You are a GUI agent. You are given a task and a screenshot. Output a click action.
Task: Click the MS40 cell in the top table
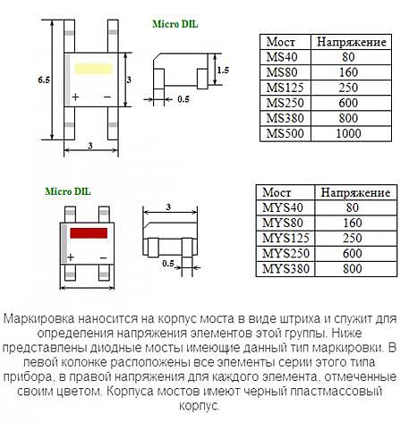pos(282,57)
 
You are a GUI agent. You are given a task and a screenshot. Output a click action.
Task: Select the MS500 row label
pos(285,133)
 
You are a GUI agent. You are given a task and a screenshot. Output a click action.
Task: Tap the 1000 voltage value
pos(348,133)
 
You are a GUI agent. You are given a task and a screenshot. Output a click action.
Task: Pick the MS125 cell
pos(285,88)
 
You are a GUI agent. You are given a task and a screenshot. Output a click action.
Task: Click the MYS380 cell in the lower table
pos(285,268)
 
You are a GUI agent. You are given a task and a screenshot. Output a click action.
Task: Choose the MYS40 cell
pos(283,207)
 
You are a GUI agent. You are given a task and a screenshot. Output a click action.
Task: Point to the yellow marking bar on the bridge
pos(93,69)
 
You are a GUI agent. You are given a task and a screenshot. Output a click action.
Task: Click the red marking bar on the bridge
pos(89,233)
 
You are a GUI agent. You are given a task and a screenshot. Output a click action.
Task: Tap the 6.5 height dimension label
pos(44,80)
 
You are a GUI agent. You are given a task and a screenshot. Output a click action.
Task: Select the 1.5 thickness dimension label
pos(223,71)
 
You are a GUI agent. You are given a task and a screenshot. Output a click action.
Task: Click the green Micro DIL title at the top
pos(175,24)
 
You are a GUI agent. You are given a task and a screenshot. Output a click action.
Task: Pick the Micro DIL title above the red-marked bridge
pos(68,191)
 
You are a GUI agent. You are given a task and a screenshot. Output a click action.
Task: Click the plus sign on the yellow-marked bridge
pos(75,97)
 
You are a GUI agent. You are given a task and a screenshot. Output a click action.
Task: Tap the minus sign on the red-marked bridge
pos(103,257)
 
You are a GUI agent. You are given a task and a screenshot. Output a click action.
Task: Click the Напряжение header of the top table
pos(352,42)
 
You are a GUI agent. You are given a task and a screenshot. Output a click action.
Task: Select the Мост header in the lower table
pos(277,192)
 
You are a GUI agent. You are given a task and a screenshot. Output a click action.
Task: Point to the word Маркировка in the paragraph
pos(38,319)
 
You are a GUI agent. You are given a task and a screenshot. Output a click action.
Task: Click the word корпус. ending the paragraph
pos(199,406)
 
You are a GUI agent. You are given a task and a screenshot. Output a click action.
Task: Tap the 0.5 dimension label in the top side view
pos(183,99)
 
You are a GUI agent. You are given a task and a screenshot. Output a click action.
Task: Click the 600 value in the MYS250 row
pos(353,253)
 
